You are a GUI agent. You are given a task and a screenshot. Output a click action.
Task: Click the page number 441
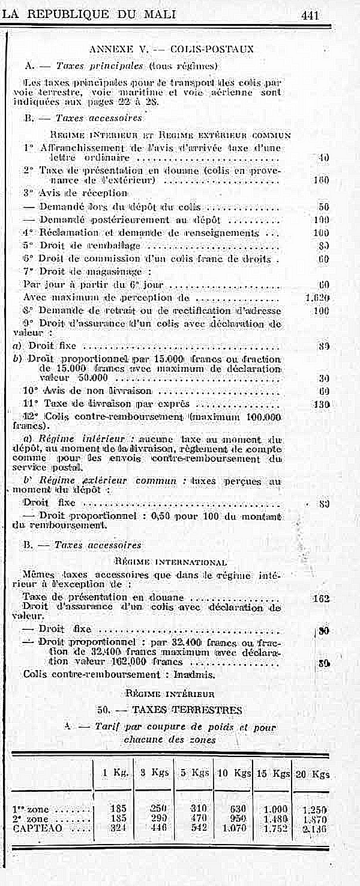(310, 15)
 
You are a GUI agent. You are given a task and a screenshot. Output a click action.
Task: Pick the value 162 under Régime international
(322, 598)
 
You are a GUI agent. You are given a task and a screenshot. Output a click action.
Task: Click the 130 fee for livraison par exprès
(322, 404)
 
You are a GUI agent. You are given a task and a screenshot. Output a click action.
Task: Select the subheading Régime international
(170, 562)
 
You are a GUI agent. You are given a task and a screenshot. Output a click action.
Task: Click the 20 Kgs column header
(313, 774)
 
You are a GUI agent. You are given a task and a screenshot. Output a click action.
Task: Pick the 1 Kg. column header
(116, 773)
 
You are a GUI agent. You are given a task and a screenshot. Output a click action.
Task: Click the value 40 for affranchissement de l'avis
(325, 158)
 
